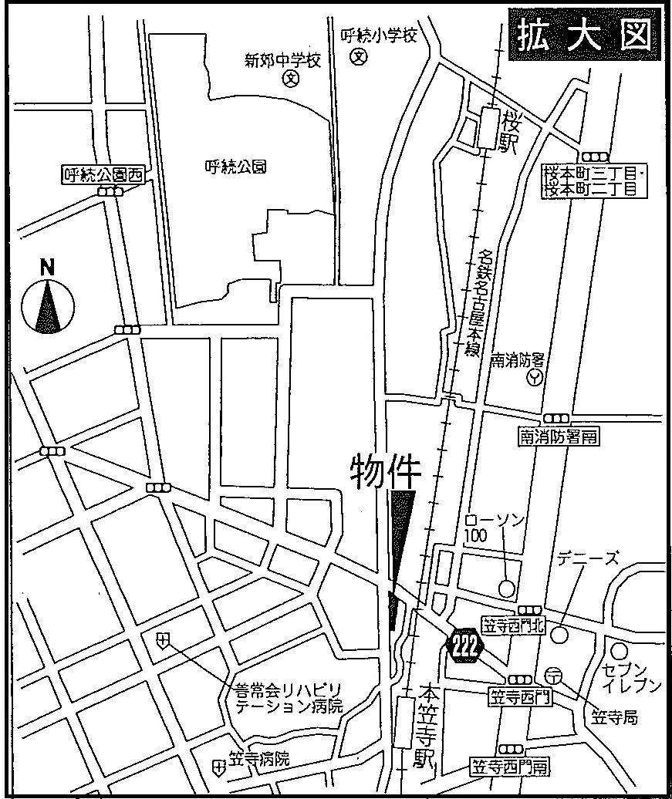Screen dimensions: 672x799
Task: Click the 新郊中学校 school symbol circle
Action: click(x=290, y=79)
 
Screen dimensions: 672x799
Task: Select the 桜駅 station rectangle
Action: click(x=488, y=128)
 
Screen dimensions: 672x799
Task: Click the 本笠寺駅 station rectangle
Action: click(x=404, y=722)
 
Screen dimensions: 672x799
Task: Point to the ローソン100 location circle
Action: click(x=506, y=588)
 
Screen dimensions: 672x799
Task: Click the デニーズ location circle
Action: click(x=561, y=634)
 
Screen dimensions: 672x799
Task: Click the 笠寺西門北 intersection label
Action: click(x=513, y=626)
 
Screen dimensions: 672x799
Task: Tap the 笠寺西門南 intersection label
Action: click(x=510, y=767)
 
